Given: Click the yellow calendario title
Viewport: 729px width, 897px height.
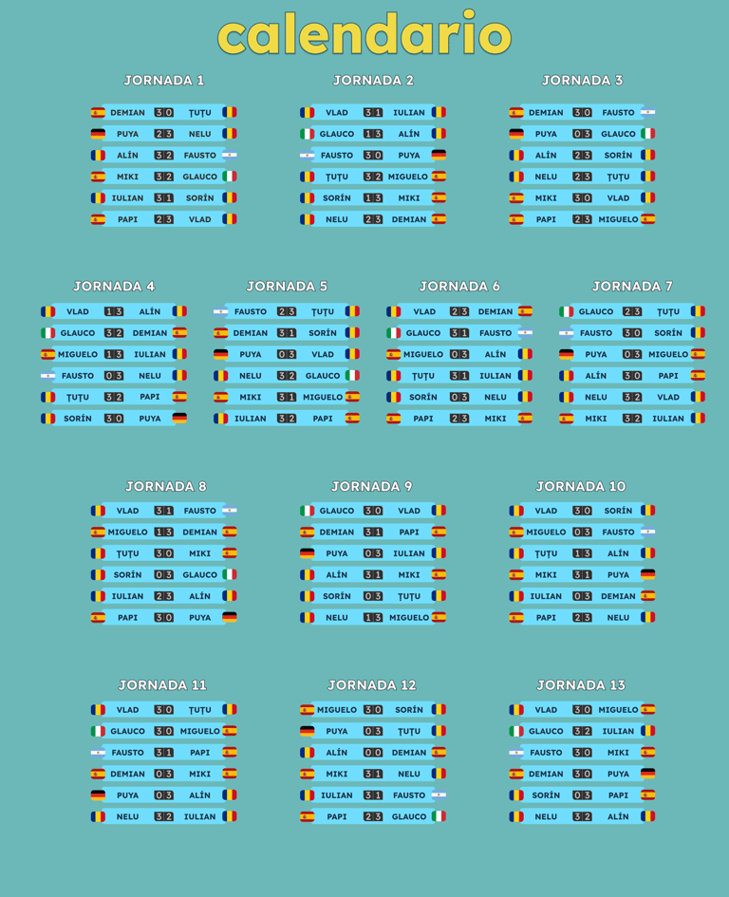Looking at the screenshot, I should [364, 35].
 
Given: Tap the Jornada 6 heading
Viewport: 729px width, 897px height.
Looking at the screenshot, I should [459, 286].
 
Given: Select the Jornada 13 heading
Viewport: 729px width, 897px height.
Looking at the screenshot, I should [581, 684].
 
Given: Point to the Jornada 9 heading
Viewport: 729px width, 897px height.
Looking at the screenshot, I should [372, 486].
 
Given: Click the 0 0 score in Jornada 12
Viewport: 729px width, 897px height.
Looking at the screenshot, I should [373, 752].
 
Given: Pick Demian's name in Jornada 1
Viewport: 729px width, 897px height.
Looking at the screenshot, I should [127, 112].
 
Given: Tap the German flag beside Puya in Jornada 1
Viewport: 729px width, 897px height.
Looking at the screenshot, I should [98, 134].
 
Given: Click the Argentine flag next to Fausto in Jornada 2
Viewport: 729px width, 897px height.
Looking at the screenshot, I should [307, 155].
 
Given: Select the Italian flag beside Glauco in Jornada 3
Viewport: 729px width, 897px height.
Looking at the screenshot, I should [647, 134].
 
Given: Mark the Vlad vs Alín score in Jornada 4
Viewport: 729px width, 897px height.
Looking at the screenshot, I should [114, 311].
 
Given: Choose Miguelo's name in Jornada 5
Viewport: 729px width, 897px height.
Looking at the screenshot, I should [323, 397].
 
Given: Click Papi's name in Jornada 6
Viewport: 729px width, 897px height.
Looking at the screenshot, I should [423, 418].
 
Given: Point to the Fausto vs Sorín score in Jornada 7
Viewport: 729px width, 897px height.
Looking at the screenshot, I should [632, 333].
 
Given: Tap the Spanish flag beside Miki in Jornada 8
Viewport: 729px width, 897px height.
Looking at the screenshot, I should [230, 553].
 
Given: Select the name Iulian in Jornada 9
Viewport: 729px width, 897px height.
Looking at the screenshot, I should [408, 553].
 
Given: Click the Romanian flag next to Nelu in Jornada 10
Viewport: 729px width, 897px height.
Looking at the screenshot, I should [647, 617].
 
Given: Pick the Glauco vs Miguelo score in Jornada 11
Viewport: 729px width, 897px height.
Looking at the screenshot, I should [164, 731].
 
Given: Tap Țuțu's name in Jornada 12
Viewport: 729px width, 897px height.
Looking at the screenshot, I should [408, 731].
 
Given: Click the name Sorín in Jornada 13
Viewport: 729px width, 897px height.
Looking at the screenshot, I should [546, 794].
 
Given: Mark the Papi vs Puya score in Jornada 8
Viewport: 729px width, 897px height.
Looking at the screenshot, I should [164, 617].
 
